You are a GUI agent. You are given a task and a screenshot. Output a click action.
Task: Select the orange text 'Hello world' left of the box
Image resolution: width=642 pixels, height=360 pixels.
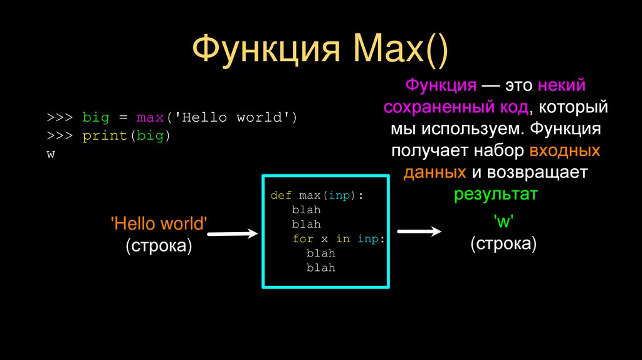(158, 224)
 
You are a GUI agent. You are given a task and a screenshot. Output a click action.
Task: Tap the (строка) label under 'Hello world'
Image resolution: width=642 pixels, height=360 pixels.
(158, 245)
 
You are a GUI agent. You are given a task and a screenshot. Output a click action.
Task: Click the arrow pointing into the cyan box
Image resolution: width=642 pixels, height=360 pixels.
(233, 234)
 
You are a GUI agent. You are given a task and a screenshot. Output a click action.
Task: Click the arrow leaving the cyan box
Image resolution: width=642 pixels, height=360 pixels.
(419, 231)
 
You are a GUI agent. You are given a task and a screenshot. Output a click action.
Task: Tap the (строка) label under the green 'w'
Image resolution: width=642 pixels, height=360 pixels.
(503, 243)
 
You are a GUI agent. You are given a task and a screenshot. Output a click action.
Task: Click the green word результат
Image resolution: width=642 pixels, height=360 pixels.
(496, 194)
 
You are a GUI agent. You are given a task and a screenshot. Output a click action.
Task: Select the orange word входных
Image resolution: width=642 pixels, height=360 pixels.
(565, 151)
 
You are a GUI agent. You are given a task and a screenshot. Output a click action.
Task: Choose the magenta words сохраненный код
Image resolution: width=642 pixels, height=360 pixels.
(455, 107)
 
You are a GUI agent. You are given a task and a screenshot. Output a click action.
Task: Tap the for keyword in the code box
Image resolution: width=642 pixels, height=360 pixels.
(302, 239)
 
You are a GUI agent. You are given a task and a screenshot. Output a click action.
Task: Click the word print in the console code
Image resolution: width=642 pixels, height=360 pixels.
(99, 135)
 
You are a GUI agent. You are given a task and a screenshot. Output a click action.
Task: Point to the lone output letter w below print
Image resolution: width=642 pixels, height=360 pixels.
(51, 154)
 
